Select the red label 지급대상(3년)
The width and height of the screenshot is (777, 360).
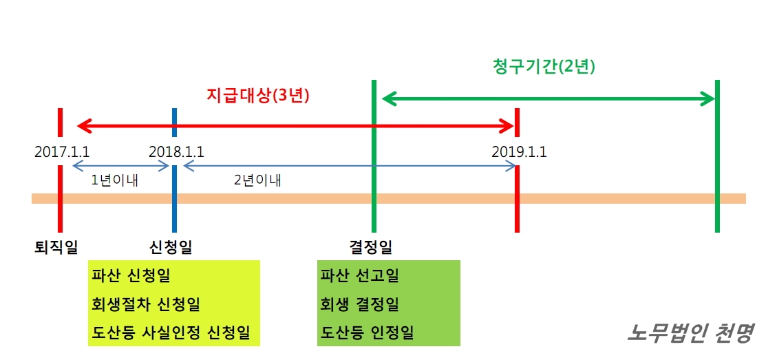(258, 96)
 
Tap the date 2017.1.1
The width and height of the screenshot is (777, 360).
(62, 151)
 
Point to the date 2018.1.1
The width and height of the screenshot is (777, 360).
(176, 151)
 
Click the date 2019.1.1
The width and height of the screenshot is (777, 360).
(519, 151)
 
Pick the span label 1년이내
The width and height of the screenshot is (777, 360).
(114, 181)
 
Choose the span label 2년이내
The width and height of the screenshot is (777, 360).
(257, 181)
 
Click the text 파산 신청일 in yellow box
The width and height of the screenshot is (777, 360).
(131, 277)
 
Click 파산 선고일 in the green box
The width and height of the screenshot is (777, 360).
(359, 277)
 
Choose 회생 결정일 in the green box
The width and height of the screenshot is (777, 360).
(359, 304)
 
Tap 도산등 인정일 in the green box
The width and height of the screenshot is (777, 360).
(367, 333)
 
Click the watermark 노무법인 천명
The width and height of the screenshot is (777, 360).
(690, 333)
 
